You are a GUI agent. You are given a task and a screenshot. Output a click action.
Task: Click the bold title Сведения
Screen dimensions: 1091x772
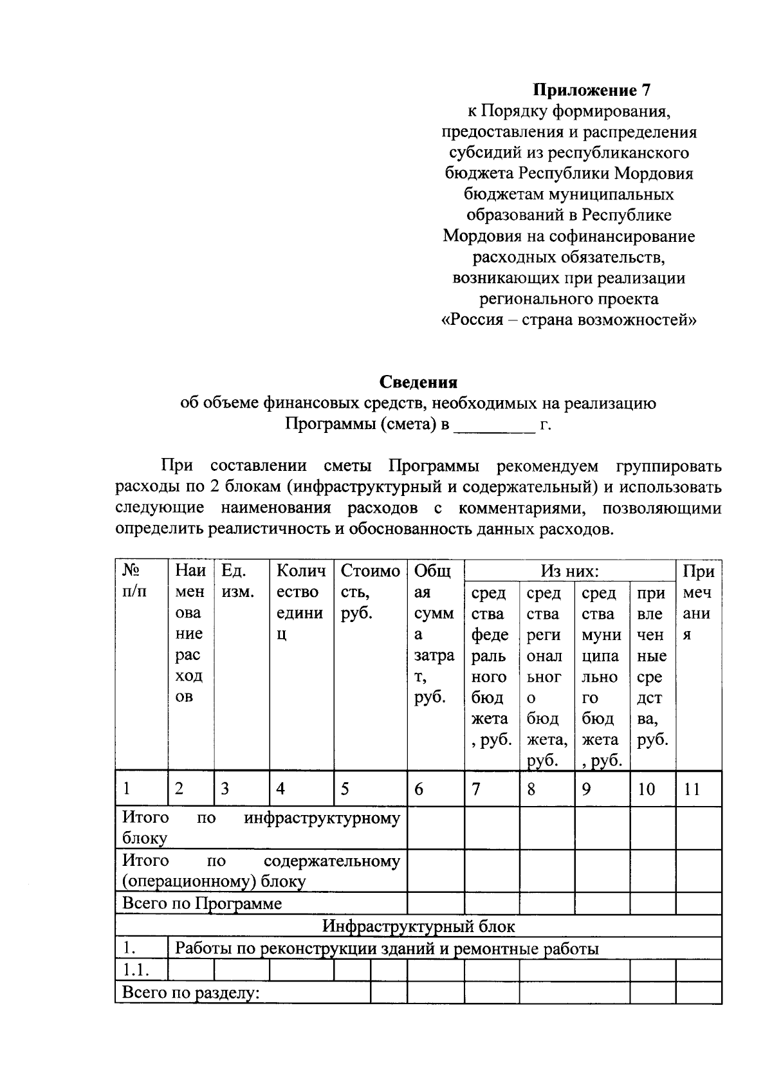[418, 382]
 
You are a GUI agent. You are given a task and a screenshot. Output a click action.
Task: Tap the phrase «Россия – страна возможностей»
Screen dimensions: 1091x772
[569, 320]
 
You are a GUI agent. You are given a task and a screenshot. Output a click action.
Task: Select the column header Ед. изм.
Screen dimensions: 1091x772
[237, 581]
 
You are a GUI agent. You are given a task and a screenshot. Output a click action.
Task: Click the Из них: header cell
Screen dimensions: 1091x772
[569, 571]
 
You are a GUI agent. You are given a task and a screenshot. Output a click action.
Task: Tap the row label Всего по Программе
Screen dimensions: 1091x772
[202, 903]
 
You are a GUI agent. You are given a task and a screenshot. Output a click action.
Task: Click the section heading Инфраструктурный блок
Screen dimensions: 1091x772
[418, 926]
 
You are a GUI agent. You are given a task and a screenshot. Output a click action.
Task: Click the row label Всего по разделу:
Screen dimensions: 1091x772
[190, 993]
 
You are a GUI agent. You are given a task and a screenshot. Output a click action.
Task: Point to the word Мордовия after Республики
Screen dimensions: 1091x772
[654, 174]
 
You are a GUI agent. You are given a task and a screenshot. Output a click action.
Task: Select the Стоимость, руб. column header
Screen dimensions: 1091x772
[369, 592]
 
